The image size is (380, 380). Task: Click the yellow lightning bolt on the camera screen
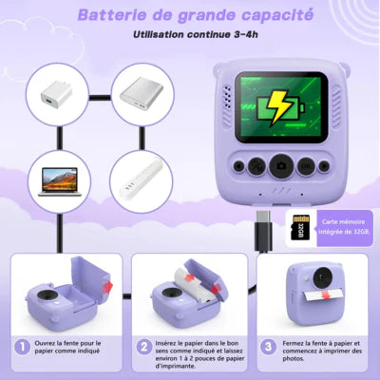pos(271,106)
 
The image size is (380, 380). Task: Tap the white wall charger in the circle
pos(53,95)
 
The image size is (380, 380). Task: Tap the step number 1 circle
pos(20,349)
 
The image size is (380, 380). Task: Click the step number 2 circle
pos(142,349)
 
